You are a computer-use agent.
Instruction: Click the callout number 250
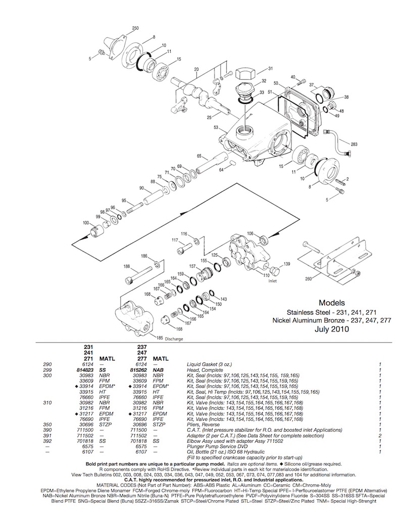(x=135, y=28)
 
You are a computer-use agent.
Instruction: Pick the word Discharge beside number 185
(x=174, y=339)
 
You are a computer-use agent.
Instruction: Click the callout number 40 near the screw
(x=292, y=77)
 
